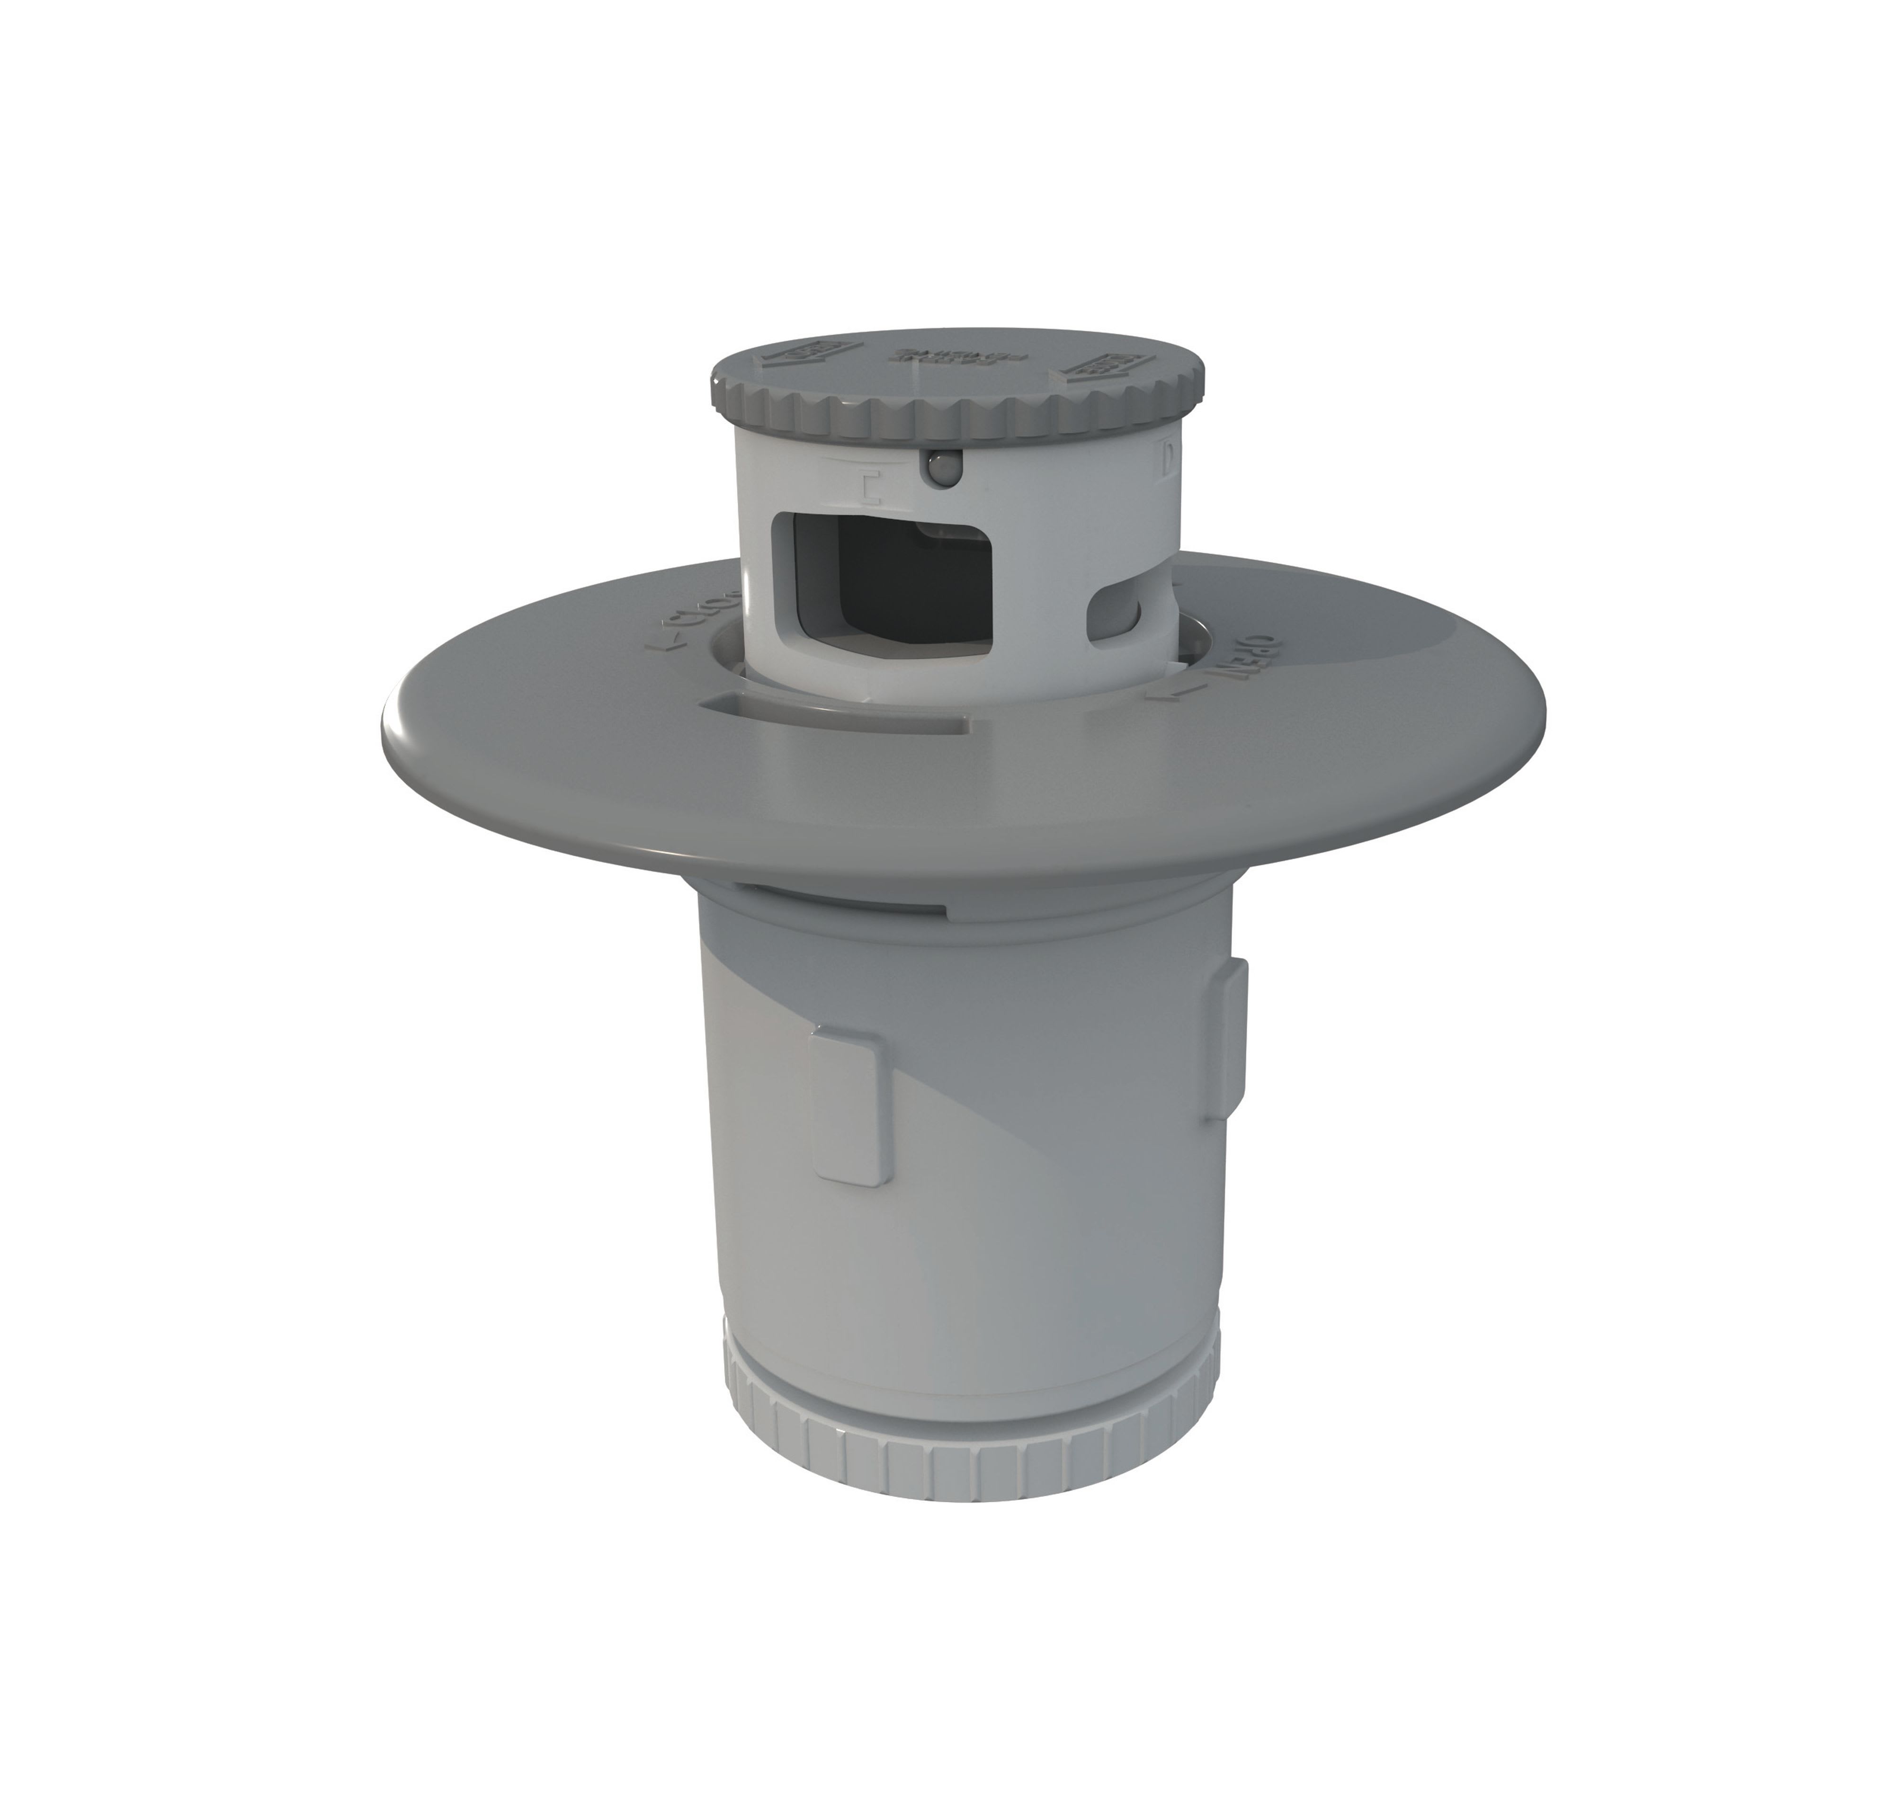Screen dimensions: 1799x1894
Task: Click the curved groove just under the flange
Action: click(844, 897)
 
